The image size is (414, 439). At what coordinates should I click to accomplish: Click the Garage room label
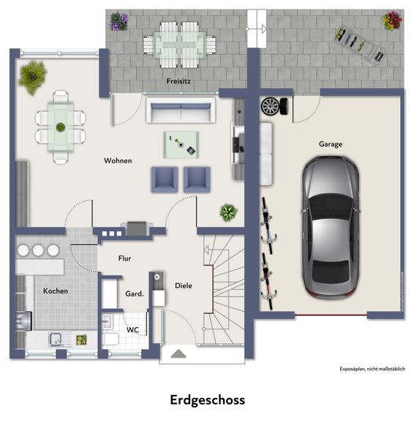[x=331, y=144]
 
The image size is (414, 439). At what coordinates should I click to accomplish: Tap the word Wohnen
[x=118, y=161]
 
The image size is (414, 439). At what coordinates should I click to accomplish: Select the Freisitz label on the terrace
[x=178, y=81]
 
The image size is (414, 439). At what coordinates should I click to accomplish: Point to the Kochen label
[x=56, y=291]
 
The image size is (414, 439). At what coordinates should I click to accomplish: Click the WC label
[x=132, y=330]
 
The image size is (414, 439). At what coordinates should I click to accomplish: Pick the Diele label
[x=184, y=285]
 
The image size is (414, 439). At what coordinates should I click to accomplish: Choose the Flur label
[x=124, y=258]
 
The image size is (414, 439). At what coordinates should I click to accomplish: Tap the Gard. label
[x=135, y=293]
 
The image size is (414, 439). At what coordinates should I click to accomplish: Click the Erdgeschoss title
[x=208, y=400]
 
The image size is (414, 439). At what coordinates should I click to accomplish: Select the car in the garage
[x=331, y=227]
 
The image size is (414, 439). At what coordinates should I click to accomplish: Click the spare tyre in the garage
[x=274, y=106]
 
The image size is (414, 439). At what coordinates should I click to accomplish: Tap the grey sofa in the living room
[x=181, y=110]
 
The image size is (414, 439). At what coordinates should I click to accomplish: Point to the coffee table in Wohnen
[x=181, y=145]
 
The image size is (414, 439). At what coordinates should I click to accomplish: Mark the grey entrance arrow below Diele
[x=178, y=354]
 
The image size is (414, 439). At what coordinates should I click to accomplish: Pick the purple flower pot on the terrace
[x=118, y=21]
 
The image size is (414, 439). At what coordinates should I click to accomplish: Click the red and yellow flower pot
[x=392, y=20]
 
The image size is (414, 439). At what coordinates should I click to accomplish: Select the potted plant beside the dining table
[x=32, y=77]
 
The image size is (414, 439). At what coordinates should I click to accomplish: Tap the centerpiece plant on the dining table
[x=61, y=127]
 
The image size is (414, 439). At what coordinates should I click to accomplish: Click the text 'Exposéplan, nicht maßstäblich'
[x=372, y=369]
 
